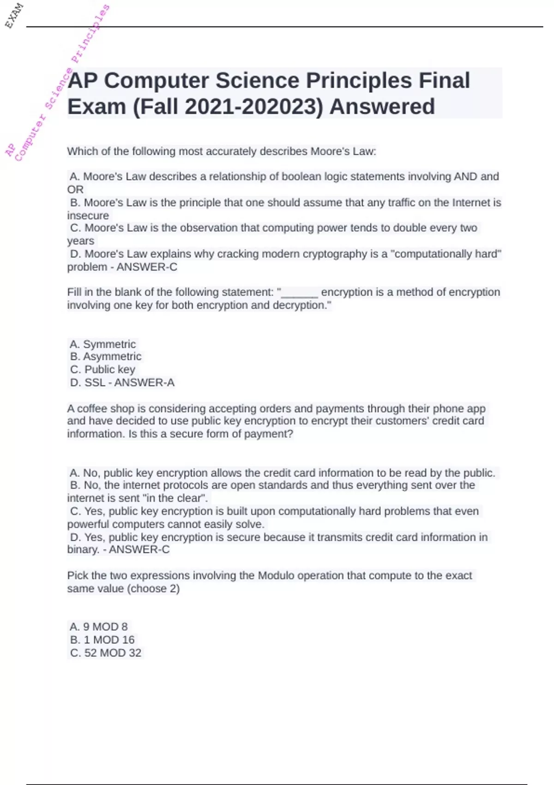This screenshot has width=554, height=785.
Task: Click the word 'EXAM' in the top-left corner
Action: [x=14, y=15]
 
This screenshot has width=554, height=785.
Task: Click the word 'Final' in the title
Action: [x=444, y=80]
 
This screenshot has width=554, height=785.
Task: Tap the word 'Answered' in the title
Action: [x=382, y=107]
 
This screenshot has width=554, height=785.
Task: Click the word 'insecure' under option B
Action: [x=88, y=216]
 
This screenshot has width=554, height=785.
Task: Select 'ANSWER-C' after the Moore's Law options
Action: [x=147, y=267]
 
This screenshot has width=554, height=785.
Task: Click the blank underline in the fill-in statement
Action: [x=300, y=292]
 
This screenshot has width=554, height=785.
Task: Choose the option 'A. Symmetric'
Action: [x=102, y=344]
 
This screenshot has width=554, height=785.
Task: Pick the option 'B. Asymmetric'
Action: [x=106, y=356]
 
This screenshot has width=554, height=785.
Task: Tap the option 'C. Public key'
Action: [x=102, y=369]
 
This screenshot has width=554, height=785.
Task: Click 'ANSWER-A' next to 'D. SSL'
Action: [x=144, y=382]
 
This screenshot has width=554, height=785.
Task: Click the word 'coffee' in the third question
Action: [x=92, y=409]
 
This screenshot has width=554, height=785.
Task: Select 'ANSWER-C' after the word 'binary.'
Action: [x=139, y=549]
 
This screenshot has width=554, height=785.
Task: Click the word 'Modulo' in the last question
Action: [x=276, y=575]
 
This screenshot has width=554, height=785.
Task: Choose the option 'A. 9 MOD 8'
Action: [x=99, y=627]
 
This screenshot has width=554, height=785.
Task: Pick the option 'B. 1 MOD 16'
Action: [x=102, y=640]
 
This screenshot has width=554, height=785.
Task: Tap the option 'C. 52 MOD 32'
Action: [x=106, y=652]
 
